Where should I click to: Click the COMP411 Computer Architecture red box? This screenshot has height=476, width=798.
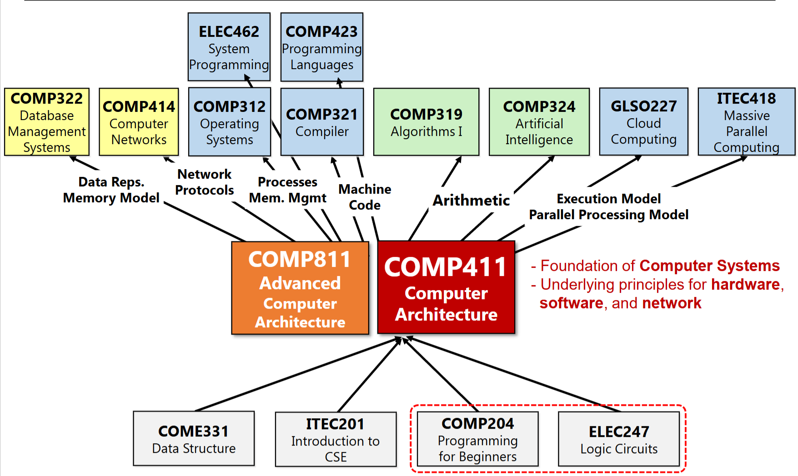click(446, 287)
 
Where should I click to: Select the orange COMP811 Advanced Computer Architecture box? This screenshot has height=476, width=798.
click(300, 288)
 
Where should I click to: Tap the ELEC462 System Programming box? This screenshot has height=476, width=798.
click(229, 47)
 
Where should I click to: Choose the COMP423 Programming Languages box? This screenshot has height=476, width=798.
click(321, 47)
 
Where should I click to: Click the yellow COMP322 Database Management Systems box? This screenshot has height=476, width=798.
click(47, 122)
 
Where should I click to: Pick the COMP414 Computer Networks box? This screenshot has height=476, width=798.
click(139, 122)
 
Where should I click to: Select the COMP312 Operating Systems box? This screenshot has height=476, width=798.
click(229, 122)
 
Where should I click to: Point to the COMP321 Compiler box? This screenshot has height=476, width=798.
click(322, 122)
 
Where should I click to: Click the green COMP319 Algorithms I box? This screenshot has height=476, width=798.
click(426, 122)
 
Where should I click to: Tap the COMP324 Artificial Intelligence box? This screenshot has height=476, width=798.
click(539, 122)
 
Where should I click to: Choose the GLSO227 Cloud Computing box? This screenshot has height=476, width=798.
click(643, 122)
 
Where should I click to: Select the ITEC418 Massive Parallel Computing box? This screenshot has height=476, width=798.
click(746, 122)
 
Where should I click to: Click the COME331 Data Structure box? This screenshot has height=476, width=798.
click(194, 438)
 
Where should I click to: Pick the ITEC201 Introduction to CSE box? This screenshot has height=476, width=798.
click(336, 439)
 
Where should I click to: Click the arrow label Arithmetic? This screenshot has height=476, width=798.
click(471, 200)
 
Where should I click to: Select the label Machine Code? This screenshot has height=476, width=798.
click(365, 197)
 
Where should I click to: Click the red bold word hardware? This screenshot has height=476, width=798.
click(745, 285)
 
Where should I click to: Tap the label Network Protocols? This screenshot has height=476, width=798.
click(205, 182)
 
